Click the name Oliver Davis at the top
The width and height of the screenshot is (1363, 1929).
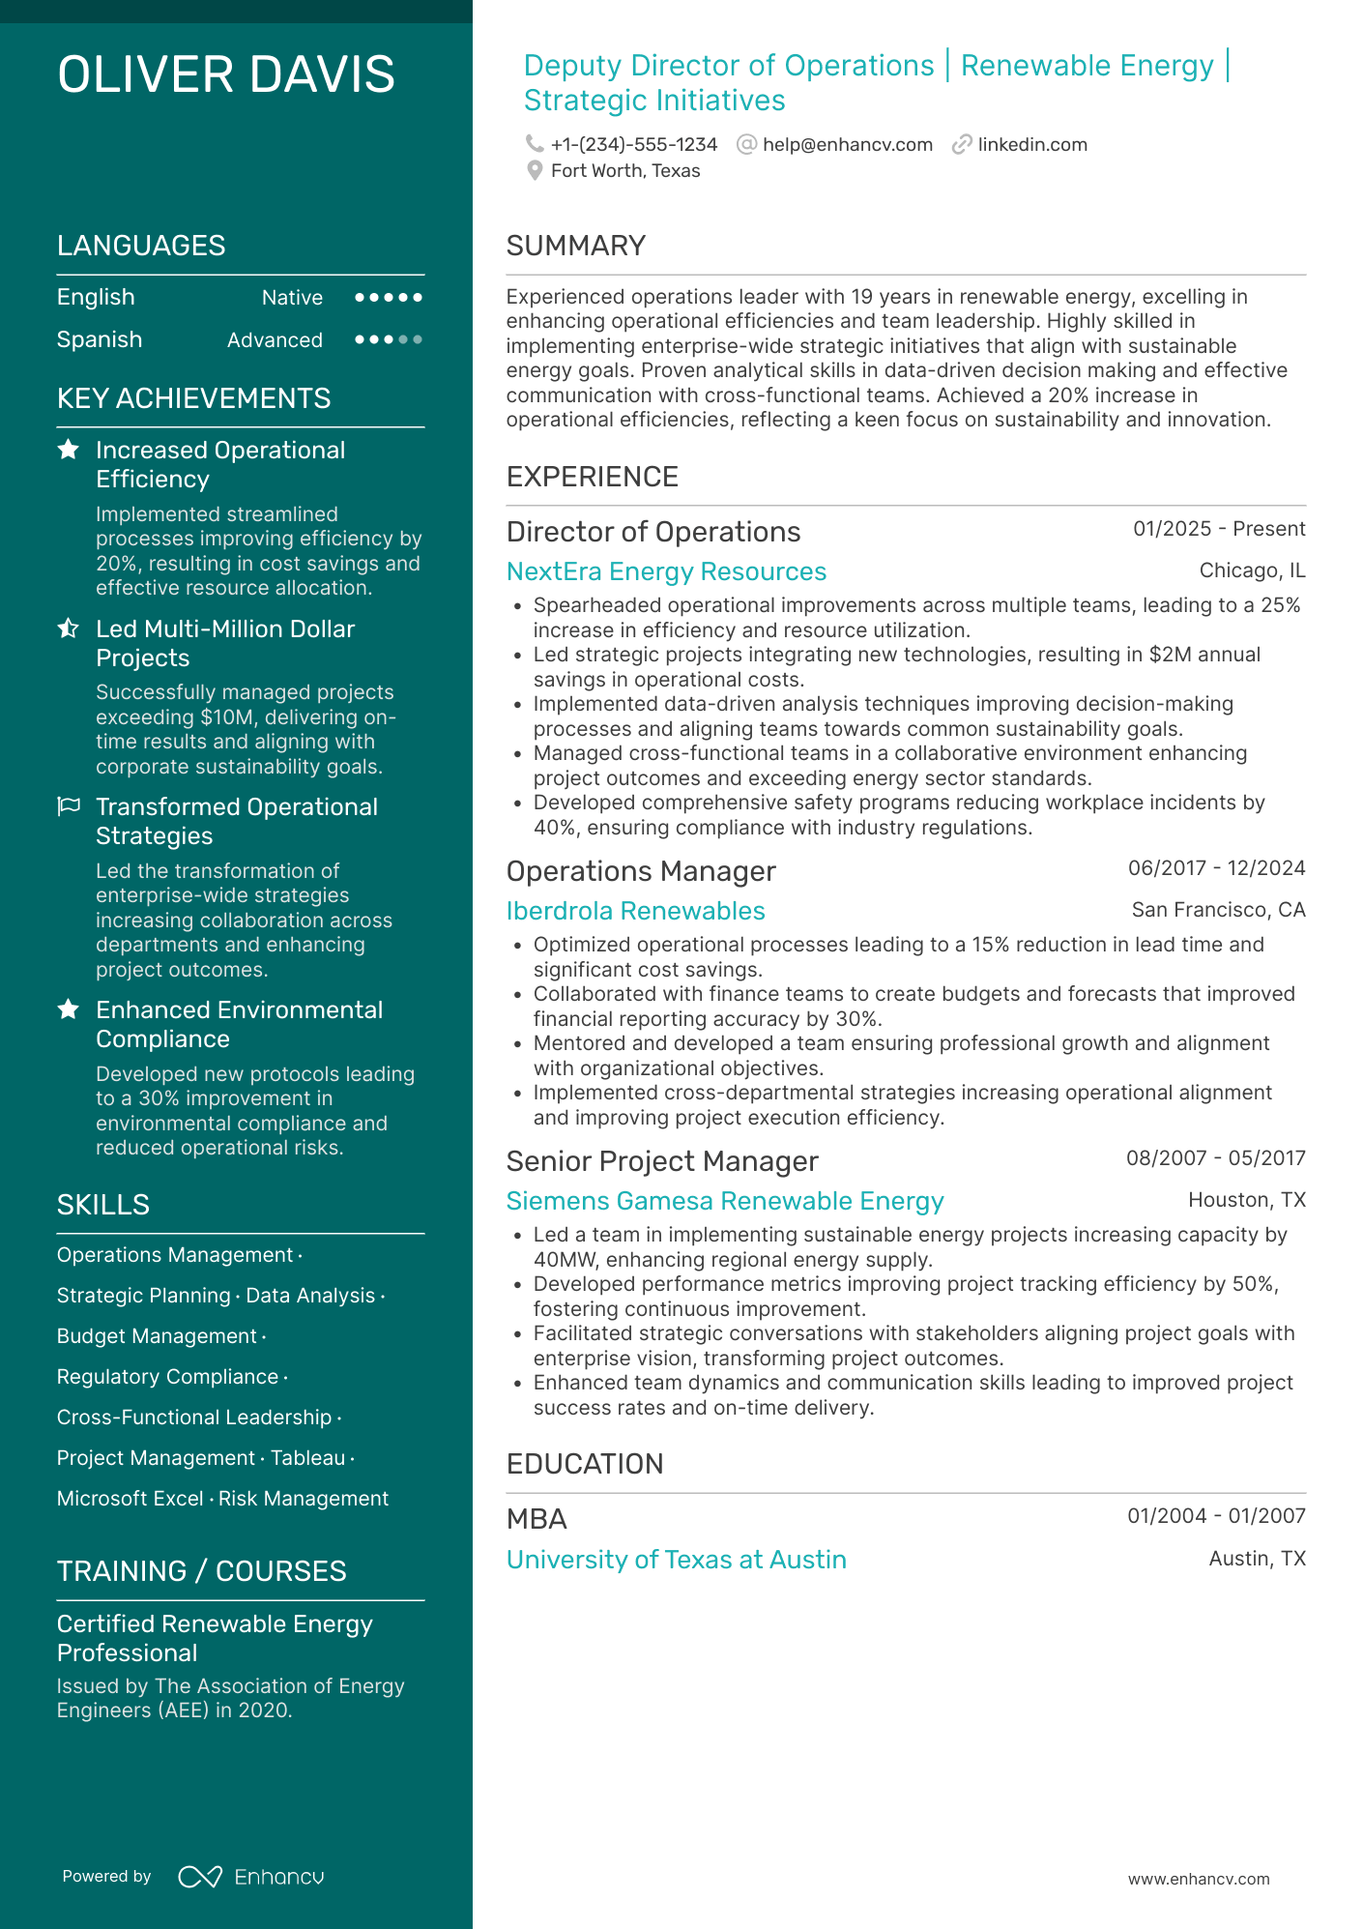[x=226, y=75]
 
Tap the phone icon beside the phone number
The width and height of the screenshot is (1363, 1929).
[x=534, y=144]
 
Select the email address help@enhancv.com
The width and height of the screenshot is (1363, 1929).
[x=847, y=144]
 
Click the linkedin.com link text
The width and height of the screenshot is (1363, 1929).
[x=1031, y=144]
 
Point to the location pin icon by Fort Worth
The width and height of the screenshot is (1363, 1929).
[x=535, y=171]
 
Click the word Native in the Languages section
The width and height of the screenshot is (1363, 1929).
[x=292, y=298]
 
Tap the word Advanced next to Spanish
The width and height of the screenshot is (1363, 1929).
[x=275, y=340]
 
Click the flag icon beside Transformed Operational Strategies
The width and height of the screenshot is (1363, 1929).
[x=69, y=806]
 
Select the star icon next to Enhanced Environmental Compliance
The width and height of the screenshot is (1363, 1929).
[x=69, y=1009]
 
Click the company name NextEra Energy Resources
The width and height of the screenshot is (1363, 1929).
[x=666, y=571]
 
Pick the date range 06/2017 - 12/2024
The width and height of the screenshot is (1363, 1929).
[x=1216, y=868]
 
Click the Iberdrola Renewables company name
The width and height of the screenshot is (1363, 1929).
[x=635, y=911]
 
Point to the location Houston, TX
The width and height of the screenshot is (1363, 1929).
[x=1246, y=1200]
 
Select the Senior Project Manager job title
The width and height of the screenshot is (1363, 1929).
[x=662, y=1161]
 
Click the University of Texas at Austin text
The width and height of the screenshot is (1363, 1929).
[x=676, y=1560]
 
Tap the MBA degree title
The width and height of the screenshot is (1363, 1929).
[x=536, y=1519]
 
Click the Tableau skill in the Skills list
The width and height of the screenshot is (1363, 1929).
[x=307, y=1458]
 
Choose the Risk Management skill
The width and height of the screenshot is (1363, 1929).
[x=304, y=1499]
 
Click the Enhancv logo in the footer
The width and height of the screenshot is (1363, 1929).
[x=251, y=1877]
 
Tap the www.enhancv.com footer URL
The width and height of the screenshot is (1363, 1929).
[x=1198, y=1879]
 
